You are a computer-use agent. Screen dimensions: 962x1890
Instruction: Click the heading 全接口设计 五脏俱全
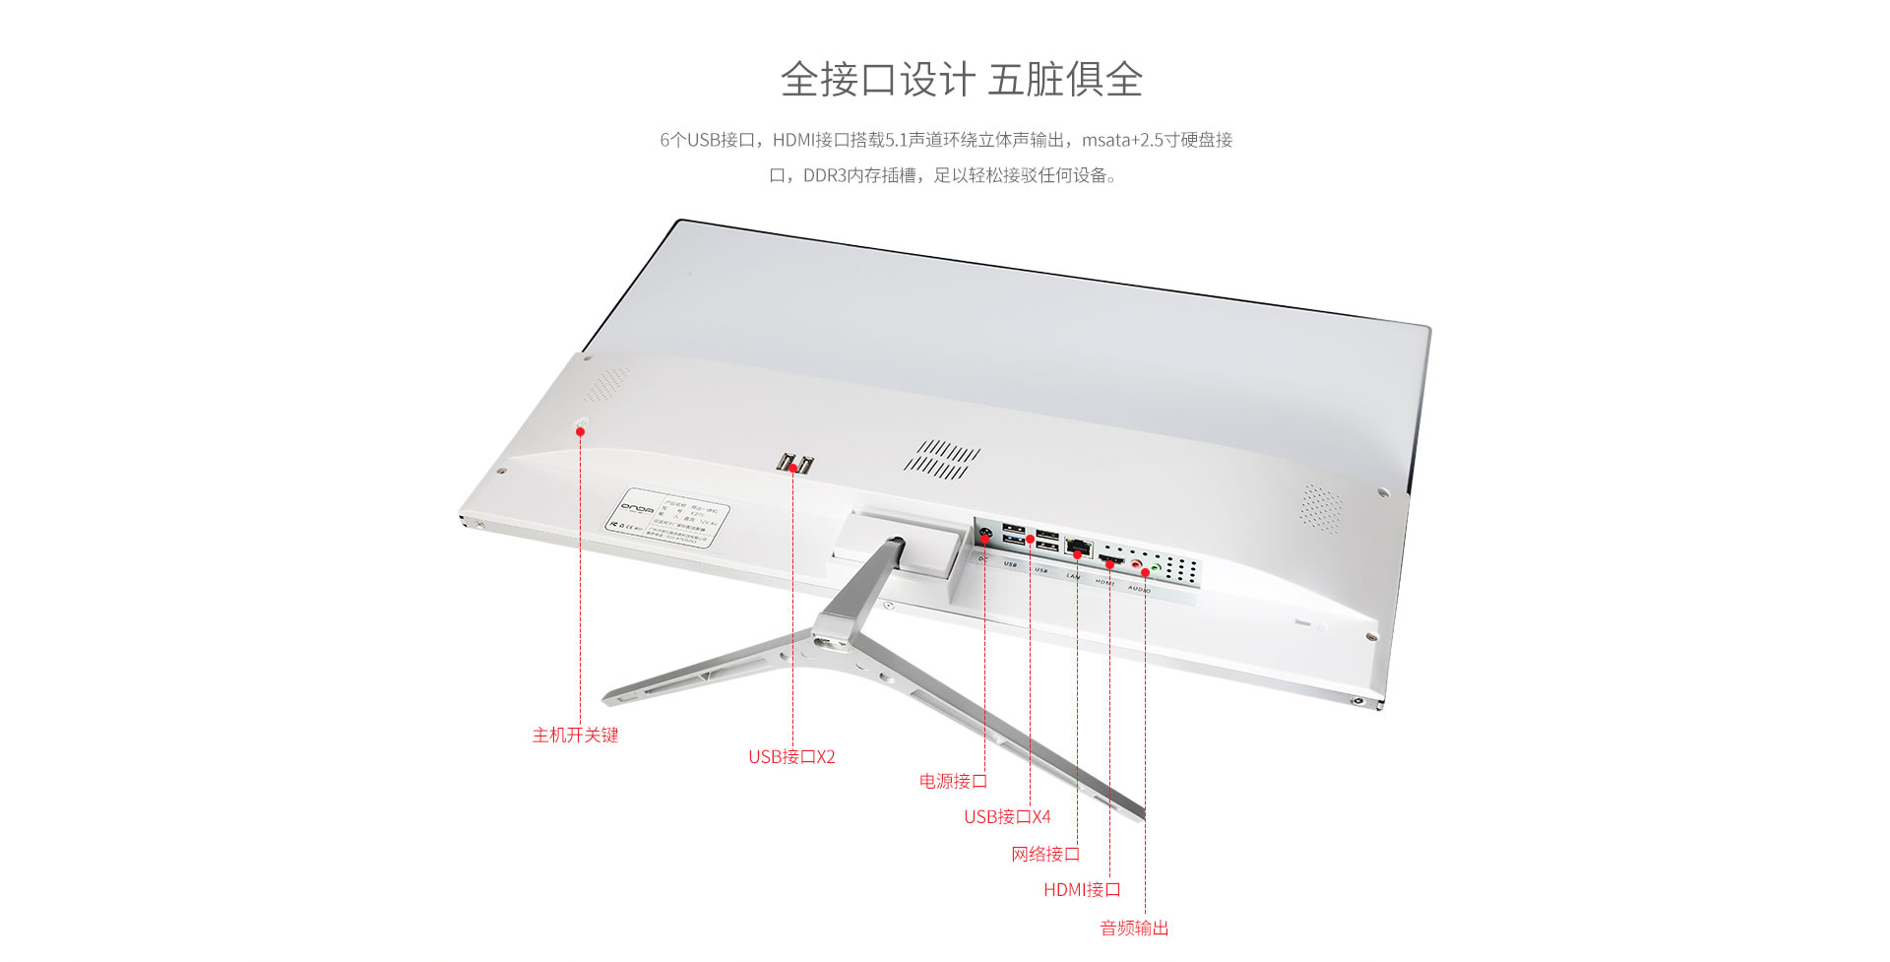(x=961, y=80)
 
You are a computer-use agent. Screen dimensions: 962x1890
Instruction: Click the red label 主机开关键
(x=575, y=736)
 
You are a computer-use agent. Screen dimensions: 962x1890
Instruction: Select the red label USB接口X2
(x=791, y=757)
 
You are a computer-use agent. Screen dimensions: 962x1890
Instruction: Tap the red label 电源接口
(x=953, y=782)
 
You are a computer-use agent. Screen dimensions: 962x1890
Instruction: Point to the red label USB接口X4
(x=1007, y=817)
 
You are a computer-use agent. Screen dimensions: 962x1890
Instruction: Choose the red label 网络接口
(x=1044, y=855)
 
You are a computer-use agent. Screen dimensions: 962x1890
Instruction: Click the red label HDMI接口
(x=1082, y=890)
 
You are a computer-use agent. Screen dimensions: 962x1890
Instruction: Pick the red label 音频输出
(x=1134, y=929)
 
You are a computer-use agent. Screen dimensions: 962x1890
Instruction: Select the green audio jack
(x=1156, y=568)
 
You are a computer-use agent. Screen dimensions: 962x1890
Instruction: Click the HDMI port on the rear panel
(x=1110, y=560)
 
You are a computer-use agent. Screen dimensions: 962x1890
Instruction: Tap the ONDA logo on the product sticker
(x=636, y=508)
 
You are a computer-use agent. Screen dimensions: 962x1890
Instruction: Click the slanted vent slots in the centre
(x=942, y=459)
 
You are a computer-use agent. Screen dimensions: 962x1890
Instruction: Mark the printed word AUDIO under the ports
(x=1139, y=589)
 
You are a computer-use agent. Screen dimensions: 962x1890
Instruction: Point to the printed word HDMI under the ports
(x=1104, y=582)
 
